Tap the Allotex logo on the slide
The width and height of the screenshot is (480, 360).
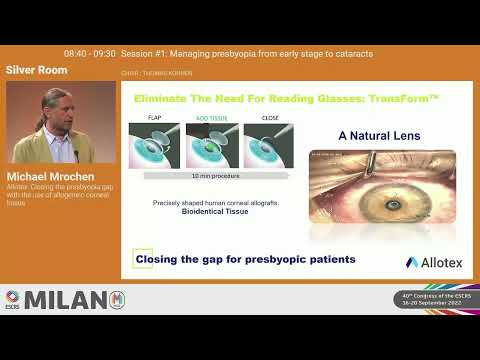click(x=432, y=262)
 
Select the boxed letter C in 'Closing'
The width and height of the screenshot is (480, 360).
click(x=143, y=259)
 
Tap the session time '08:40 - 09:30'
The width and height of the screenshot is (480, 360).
click(x=89, y=53)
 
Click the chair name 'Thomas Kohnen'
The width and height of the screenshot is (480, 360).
click(x=171, y=74)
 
